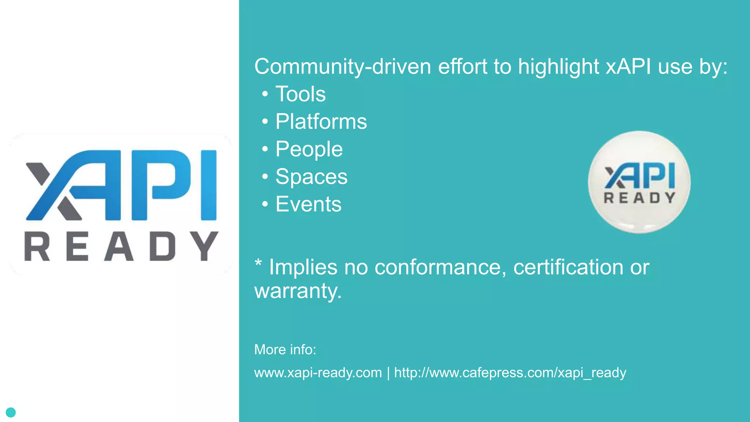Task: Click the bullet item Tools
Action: point(300,94)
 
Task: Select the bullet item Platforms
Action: point(321,122)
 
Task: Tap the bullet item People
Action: point(309,149)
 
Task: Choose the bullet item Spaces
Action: point(311,177)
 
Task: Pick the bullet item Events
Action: point(308,204)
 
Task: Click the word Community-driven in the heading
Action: point(343,67)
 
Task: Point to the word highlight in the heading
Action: point(558,67)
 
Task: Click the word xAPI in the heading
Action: point(628,67)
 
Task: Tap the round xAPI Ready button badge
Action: point(639,182)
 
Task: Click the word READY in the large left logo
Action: point(121,246)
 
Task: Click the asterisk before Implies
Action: point(258,263)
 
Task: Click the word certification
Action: point(568,267)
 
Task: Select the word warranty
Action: point(298,291)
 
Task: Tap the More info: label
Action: point(285,349)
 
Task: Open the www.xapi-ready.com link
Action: point(318,373)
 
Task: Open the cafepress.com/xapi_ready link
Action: point(510,373)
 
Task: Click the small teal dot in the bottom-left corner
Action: point(11,412)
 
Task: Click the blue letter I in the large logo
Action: point(209,185)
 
